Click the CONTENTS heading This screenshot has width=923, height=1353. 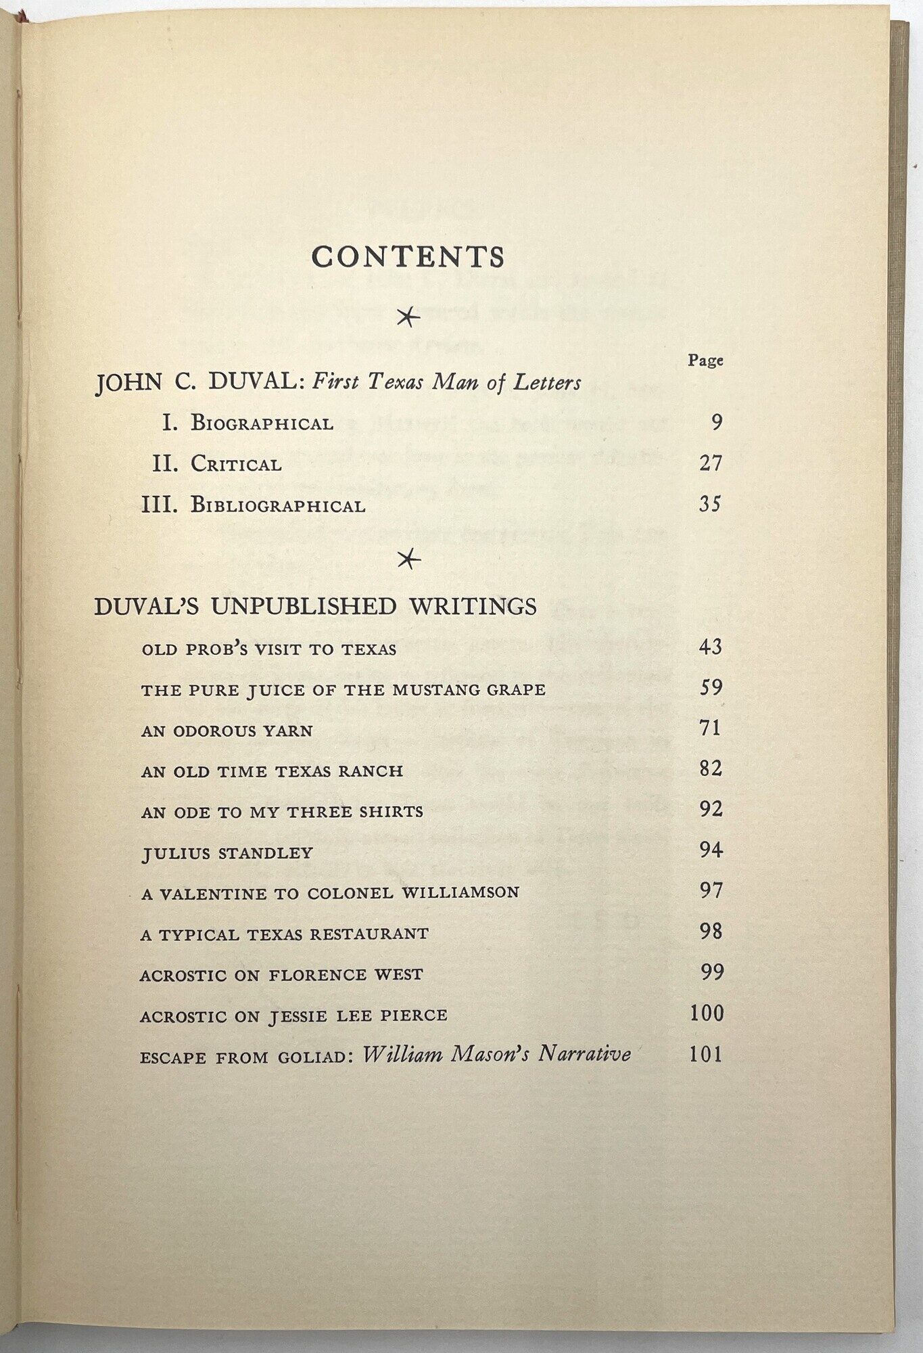click(408, 257)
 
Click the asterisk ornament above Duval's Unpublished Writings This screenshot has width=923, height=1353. click(408, 559)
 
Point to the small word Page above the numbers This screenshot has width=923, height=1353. click(705, 361)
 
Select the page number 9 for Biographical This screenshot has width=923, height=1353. click(717, 423)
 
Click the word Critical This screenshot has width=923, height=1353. click(236, 465)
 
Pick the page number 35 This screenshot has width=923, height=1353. click(710, 504)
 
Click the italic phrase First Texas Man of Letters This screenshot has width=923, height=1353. click(446, 383)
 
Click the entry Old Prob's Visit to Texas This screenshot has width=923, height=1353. click(268, 649)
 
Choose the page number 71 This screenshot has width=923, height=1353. click(710, 729)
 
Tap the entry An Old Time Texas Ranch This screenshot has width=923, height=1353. click(272, 771)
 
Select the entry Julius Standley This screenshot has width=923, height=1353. click(227, 853)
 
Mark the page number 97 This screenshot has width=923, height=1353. click(711, 891)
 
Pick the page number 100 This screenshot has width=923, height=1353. click(707, 1013)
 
